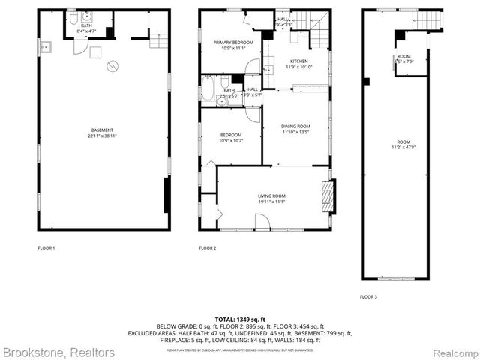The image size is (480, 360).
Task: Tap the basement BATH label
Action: coord(87,25)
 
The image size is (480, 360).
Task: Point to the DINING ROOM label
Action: coord(295,126)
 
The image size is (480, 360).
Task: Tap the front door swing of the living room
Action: coord(262,221)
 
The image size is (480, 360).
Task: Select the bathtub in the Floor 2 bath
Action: coord(207,89)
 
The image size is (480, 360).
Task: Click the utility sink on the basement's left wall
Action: coord(45,46)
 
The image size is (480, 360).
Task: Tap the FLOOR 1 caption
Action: coord(46,247)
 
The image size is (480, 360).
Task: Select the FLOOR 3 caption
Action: coord(367,297)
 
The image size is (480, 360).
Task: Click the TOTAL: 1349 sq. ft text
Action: coord(240,319)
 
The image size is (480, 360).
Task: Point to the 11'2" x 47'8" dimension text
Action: coord(404,147)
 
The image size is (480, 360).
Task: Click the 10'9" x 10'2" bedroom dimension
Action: coord(230,140)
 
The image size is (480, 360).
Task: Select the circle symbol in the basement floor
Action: coord(112,65)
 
